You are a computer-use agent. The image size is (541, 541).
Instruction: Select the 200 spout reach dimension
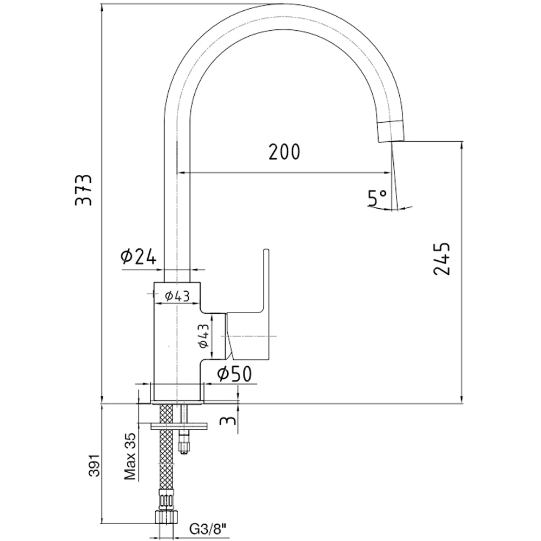284,153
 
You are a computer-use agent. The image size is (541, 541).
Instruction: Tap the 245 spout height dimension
442,258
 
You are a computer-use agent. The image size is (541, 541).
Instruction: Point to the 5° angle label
377,199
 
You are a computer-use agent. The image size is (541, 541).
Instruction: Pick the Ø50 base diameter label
234,374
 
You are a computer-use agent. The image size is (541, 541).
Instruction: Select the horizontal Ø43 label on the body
177,295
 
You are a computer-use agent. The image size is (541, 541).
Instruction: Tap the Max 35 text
129,456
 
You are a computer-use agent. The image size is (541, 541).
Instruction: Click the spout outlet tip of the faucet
390,133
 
